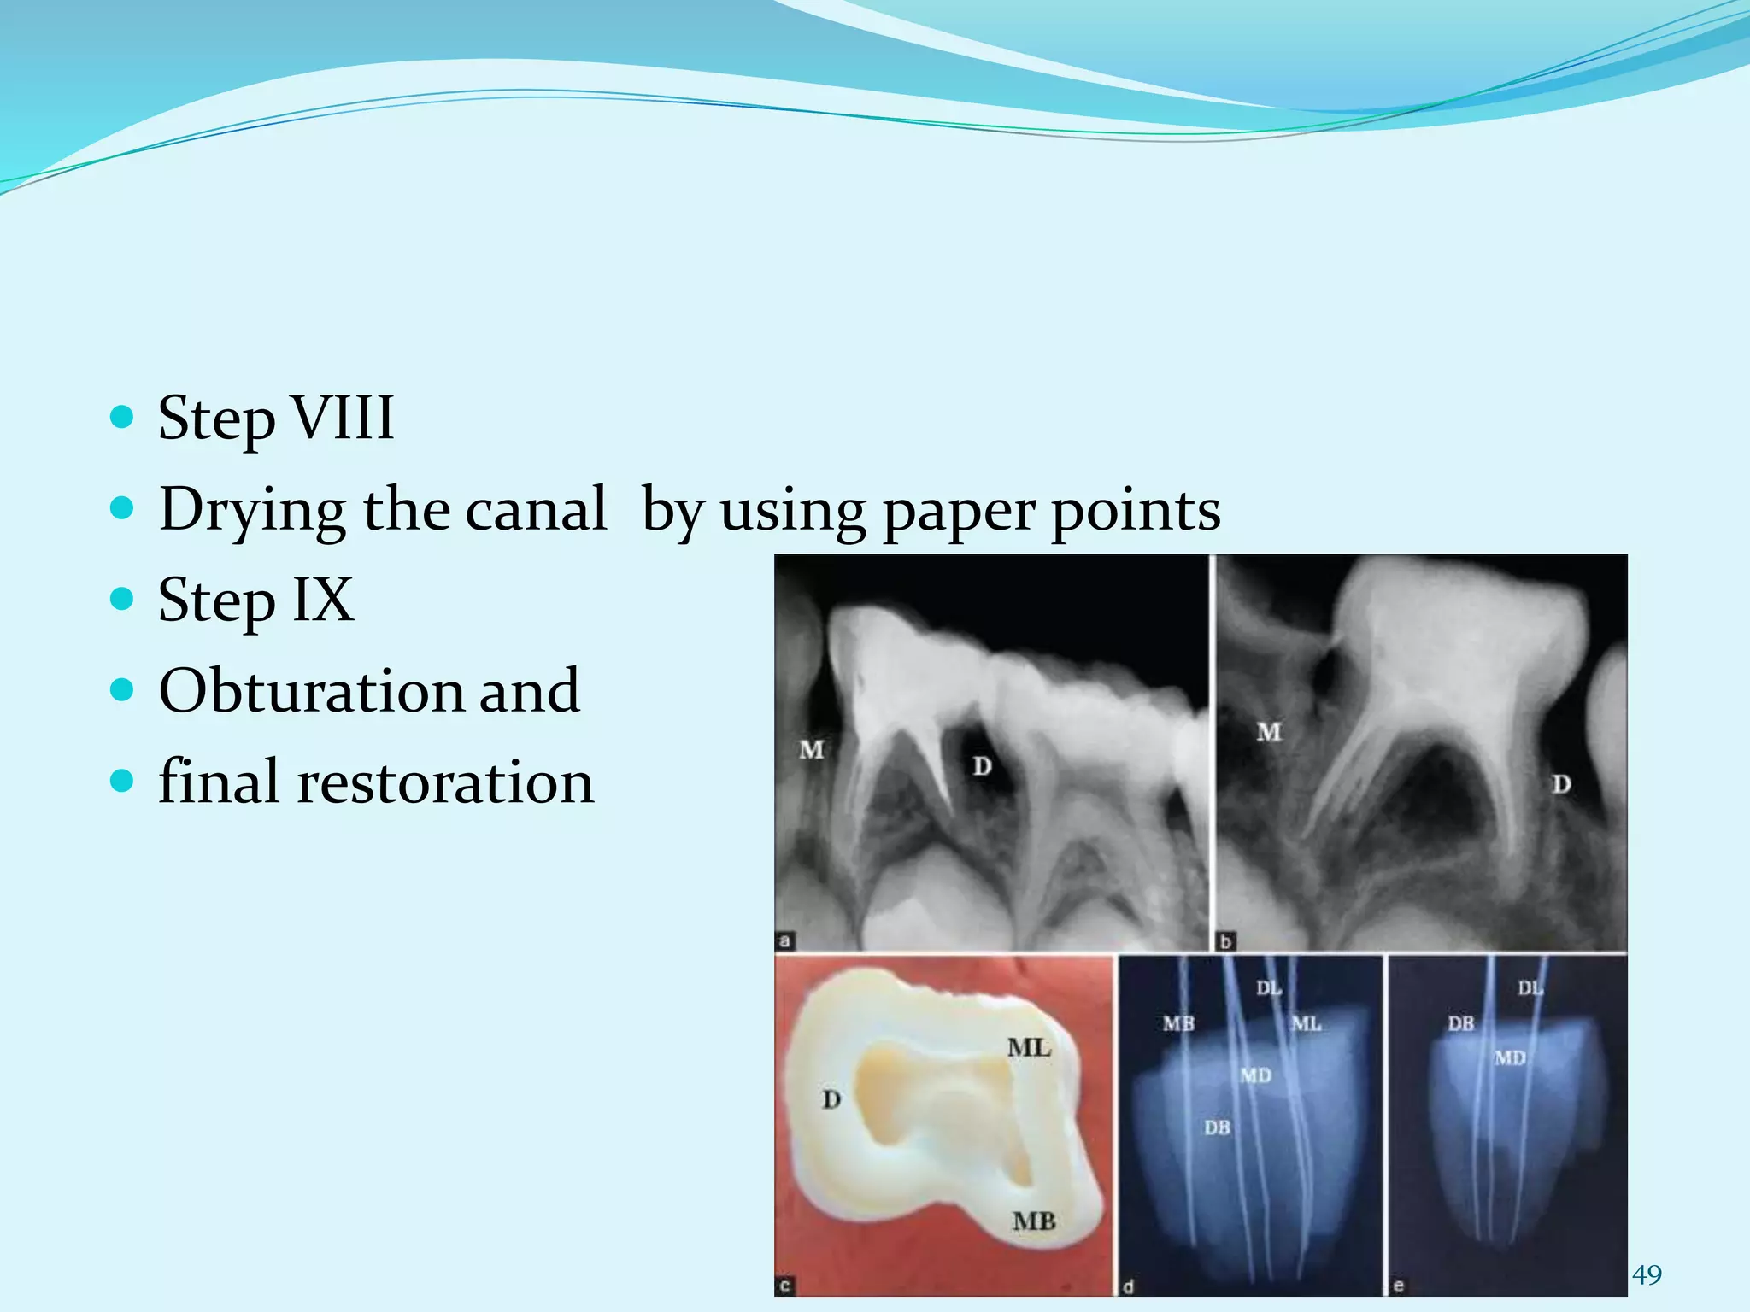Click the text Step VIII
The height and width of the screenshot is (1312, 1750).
coord(276,418)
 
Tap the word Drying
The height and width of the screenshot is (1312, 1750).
coord(253,510)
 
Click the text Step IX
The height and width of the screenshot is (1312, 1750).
coord(255,600)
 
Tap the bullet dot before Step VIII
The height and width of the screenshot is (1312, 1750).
coord(123,417)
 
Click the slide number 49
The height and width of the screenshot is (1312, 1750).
coord(1647,1274)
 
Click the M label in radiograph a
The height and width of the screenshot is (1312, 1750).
coord(811,750)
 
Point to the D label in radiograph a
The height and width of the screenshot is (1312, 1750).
coord(982,766)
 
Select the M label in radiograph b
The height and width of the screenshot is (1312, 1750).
coord(1269,732)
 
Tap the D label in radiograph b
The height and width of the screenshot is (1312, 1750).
coord(1561,783)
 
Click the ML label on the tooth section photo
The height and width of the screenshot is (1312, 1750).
coord(1028,1047)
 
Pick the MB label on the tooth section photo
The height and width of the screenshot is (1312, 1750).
coord(1034,1221)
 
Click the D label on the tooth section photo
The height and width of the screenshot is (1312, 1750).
coord(831,1099)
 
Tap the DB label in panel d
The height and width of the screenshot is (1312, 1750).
coord(1217,1127)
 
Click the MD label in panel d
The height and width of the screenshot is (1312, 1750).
coord(1255,1075)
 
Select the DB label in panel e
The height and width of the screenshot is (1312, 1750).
coord(1461,1022)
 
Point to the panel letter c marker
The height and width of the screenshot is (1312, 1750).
coord(784,1286)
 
